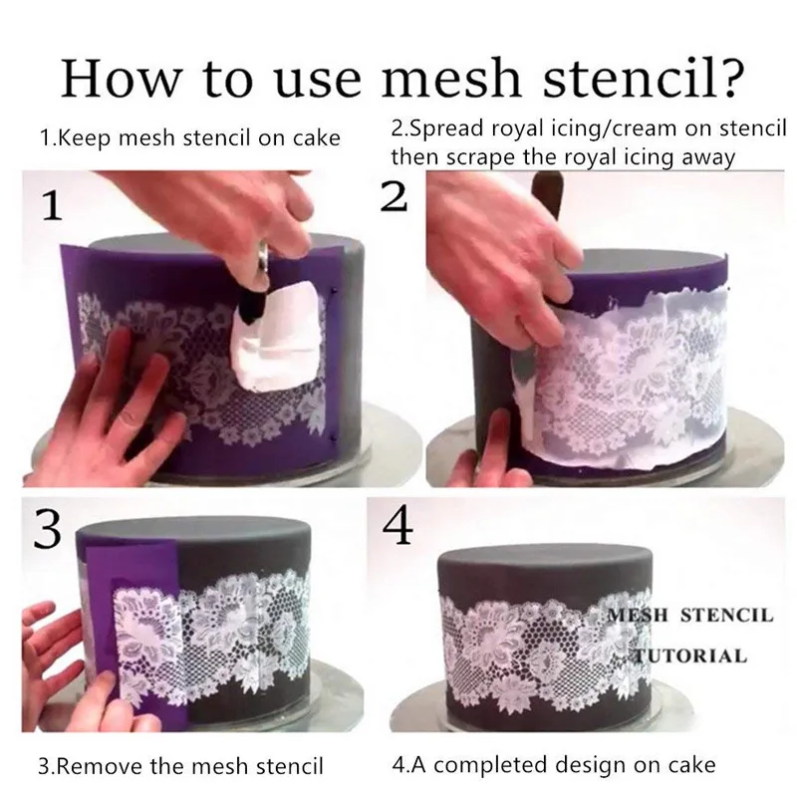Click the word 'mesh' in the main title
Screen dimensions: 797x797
coord(451,79)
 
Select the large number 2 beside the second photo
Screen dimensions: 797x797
coord(395,196)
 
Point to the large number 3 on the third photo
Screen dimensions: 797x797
coord(47,529)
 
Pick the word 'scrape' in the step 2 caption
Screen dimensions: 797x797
coord(482,158)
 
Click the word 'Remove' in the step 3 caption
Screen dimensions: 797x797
coord(104,766)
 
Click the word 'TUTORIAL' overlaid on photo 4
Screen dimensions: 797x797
coord(689,656)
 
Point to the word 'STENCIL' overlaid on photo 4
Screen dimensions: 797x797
coord(727,615)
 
